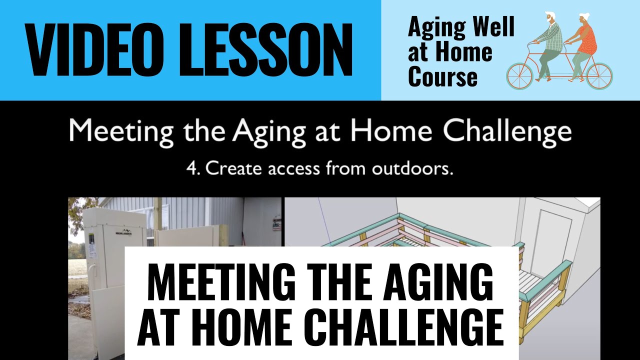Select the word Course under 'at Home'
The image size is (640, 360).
pyautogui.click(x=442, y=77)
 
